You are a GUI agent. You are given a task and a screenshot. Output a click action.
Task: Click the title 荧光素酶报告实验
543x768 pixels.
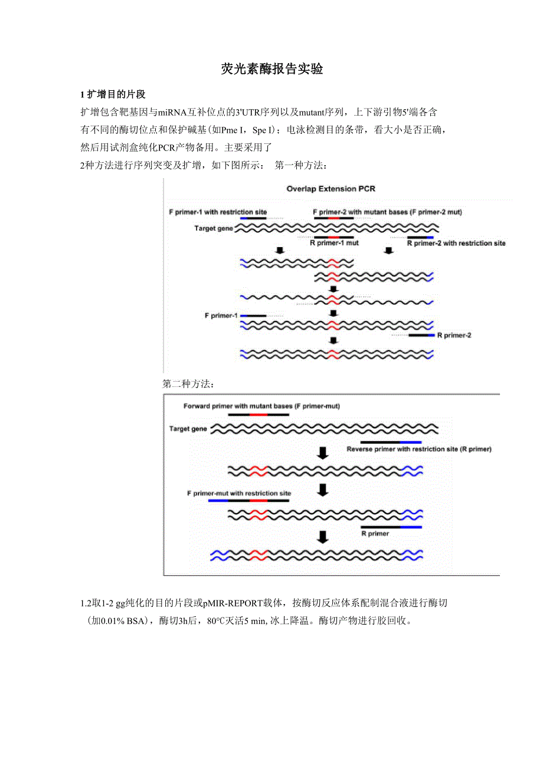point(272,69)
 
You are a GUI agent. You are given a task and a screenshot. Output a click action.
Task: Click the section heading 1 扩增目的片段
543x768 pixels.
point(113,94)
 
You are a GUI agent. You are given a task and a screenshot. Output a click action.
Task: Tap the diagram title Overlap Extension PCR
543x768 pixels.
point(331,189)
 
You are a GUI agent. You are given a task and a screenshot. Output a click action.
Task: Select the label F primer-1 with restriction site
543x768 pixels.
point(218,212)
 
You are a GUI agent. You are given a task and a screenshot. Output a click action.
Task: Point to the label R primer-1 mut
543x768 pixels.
point(334,242)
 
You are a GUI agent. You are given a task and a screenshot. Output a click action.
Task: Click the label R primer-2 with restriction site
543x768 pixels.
point(457,243)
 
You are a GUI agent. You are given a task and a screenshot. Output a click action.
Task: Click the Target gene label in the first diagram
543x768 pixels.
point(214,228)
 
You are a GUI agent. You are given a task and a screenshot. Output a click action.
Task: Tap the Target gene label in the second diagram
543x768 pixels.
point(188,429)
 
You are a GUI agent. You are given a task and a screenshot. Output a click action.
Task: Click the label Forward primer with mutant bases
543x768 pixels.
point(261,406)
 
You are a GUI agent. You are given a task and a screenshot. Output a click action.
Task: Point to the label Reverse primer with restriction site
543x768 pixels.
point(419,449)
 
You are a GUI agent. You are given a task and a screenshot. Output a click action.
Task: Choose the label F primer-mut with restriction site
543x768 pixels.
point(238,493)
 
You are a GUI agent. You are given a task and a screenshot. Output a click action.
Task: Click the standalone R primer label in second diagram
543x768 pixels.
point(375,533)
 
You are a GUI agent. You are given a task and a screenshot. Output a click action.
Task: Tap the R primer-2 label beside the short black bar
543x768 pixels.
point(454,335)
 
